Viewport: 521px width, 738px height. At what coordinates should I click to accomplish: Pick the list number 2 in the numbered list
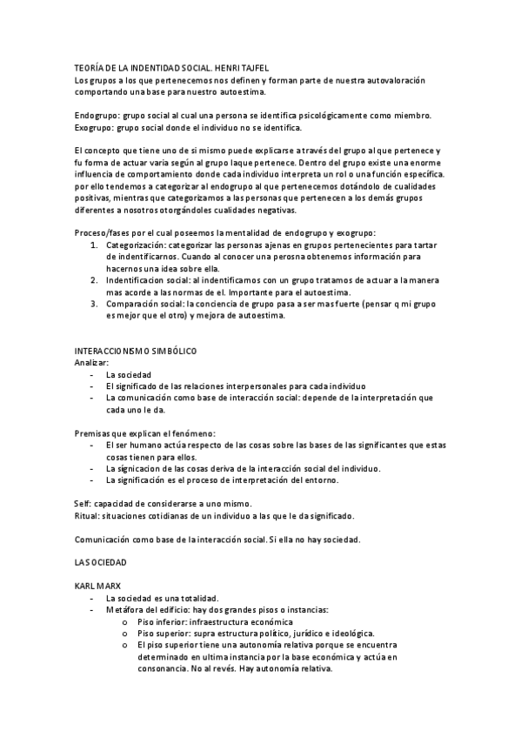point(95,281)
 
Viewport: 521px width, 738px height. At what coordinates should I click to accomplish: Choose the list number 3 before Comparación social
point(95,305)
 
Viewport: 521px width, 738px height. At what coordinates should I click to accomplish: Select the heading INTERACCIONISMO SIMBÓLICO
point(137,351)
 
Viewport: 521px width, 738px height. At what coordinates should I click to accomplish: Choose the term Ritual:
point(88,515)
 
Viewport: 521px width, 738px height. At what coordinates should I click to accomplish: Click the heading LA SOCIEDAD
point(101,563)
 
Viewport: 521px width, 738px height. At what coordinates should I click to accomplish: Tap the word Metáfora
point(124,610)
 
